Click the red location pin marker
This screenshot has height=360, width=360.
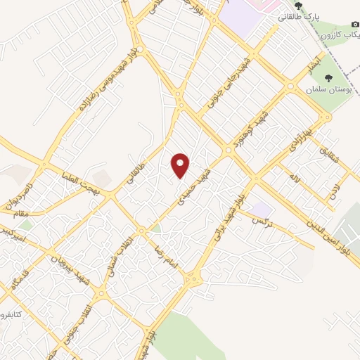tap(181, 165)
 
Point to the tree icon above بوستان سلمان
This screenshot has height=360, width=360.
tap(328, 78)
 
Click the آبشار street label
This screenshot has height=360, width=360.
tap(313, 67)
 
